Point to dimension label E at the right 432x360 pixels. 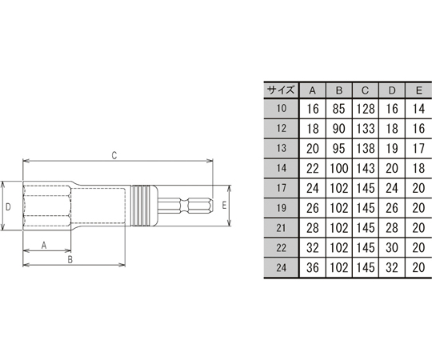point(226,205)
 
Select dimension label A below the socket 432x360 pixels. point(44,245)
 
